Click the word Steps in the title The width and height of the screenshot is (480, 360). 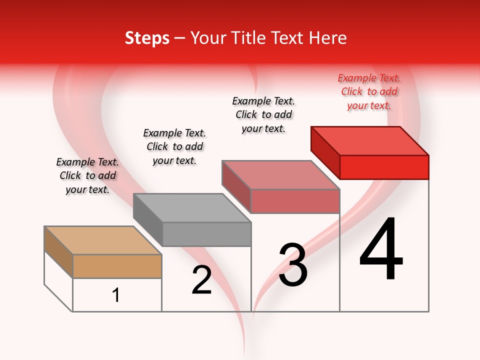pos(147,38)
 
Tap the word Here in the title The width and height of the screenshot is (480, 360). pos(328,38)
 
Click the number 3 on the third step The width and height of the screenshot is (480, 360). pos(293,265)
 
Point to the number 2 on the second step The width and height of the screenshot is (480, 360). pos(201,280)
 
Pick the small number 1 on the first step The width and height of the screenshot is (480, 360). pos(116,295)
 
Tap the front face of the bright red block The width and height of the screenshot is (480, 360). pos(384,167)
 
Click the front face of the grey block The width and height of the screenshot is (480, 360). pos(206,234)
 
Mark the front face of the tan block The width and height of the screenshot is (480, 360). pos(117,266)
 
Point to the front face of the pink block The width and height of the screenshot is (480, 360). pos(295,201)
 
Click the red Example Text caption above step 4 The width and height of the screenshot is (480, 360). pos(369,91)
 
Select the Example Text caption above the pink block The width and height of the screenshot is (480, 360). pos(263,114)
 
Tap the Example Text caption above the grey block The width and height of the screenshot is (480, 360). pos(174,146)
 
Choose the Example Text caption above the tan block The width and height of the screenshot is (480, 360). pos(87,175)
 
